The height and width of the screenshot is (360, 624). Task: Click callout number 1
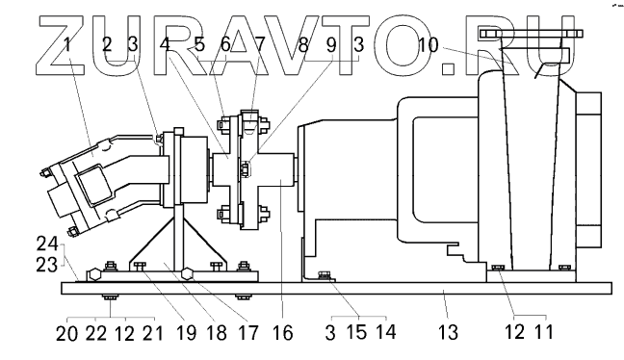point(68,44)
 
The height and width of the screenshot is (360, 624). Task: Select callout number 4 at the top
point(165,44)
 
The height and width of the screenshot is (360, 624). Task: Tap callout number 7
point(259,44)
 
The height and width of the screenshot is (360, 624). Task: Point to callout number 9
point(331,44)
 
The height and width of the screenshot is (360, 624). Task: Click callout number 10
point(428,45)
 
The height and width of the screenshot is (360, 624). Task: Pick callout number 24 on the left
point(47,244)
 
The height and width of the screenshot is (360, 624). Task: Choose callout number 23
point(47,265)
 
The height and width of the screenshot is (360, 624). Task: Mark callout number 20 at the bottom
point(66,333)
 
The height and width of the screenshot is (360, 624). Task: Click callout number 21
point(153,332)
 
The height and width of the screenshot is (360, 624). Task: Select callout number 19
point(186,332)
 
